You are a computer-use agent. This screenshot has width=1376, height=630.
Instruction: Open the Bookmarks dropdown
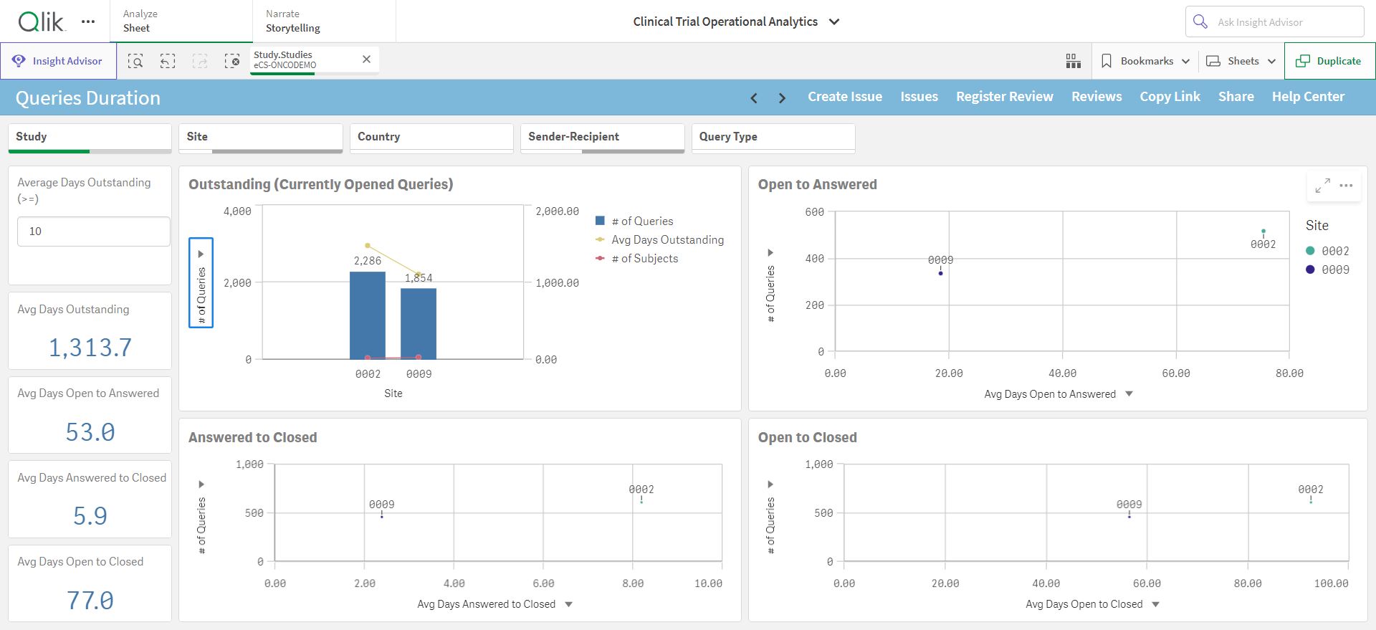pos(1145,61)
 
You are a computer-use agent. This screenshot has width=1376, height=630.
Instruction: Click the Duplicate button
pos(1329,61)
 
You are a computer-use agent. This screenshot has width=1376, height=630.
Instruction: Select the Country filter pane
pos(431,138)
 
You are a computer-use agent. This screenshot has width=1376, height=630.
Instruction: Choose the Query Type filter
pos(773,138)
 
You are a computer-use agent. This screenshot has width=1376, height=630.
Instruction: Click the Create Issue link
pos(845,97)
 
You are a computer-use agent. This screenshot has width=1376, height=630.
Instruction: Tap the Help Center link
pos(1308,97)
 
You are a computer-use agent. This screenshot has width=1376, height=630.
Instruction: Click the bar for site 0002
pos(368,315)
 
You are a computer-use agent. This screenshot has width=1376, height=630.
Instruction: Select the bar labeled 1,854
pos(419,323)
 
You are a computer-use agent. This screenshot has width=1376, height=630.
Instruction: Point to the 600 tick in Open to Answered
pos(815,212)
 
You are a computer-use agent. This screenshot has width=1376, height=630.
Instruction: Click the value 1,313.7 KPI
pos(90,348)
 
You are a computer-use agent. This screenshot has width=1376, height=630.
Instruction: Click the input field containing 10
pos(94,232)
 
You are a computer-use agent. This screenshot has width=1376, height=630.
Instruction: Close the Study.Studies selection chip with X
pos(366,59)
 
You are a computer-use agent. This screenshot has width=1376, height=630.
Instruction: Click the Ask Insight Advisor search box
pos(1274,22)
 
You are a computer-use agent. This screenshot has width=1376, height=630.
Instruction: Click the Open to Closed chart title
pos(808,438)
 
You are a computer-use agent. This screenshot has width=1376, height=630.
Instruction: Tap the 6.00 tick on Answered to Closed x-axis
pos(543,583)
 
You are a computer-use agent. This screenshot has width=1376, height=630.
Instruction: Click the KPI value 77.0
pos(90,601)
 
